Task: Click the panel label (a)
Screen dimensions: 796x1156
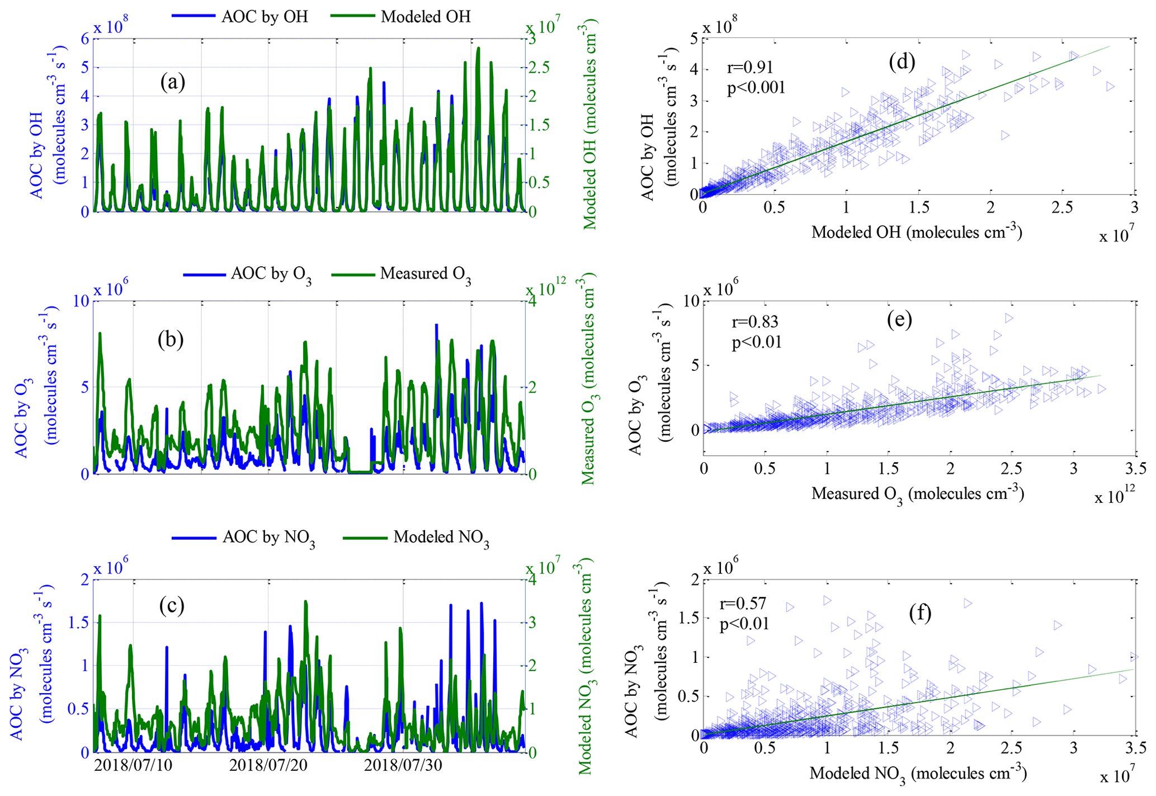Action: [x=172, y=83]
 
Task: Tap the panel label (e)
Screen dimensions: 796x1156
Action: [x=899, y=319]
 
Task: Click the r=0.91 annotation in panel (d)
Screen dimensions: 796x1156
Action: [x=750, y=68]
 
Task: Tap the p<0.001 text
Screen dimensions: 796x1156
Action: [x=756, y=88]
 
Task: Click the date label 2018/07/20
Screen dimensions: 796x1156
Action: [x=268, y=765]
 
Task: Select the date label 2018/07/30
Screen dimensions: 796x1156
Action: [x=403, y=765]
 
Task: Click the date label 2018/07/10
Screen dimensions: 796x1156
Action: [x=133, y=765]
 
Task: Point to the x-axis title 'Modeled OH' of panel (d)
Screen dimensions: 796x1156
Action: [x=917, y=232]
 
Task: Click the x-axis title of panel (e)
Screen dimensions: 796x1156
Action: [x=917, y=494]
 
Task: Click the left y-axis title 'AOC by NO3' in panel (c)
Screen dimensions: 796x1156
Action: [x=18, y=694]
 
